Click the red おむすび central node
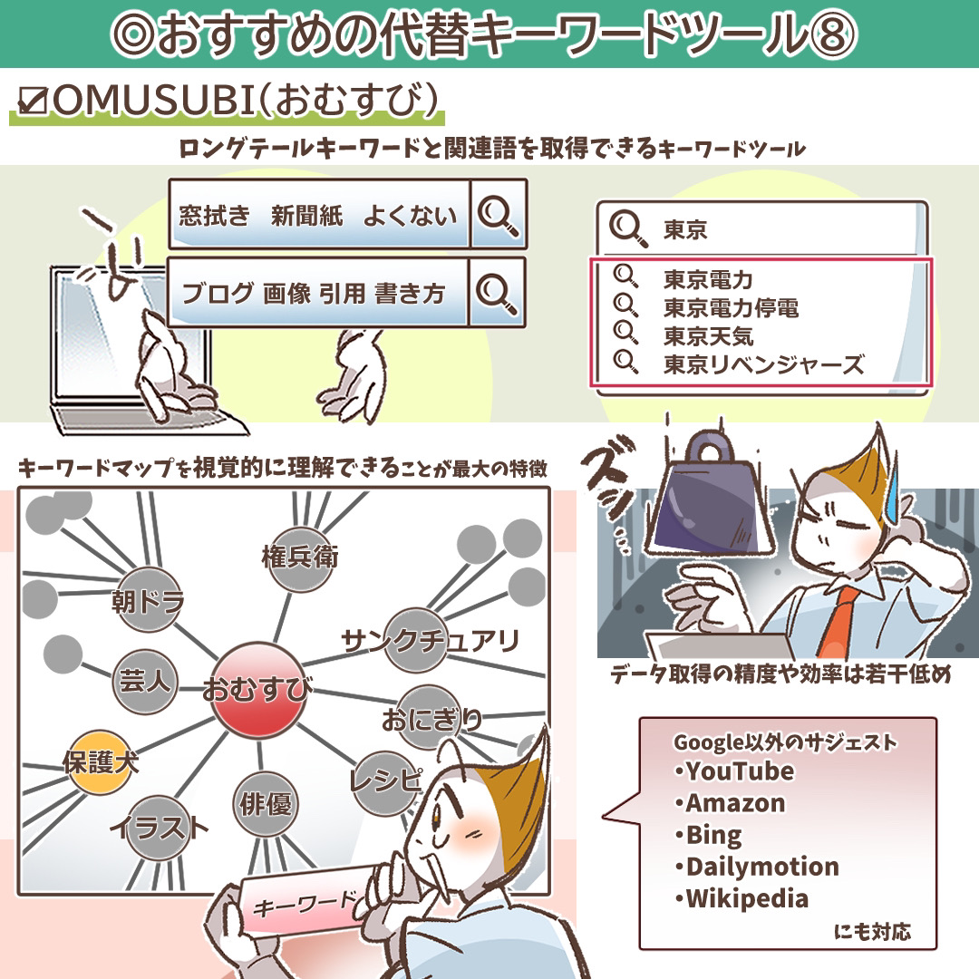coord(257,690)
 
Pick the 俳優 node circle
coord(266,803)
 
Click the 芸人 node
coord(146,681)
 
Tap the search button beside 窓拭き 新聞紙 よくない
coord(498,215)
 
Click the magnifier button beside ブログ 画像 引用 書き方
coord(497,293)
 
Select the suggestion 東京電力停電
coord(731,308)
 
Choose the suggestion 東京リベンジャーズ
coord(763,364)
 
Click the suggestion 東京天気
coord(708,336)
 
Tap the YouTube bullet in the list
coord(734,771)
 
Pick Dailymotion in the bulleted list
coord(757,867)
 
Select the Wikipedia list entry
coord(742,898)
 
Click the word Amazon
coord(735,803)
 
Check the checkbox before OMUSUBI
coord(33,101)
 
